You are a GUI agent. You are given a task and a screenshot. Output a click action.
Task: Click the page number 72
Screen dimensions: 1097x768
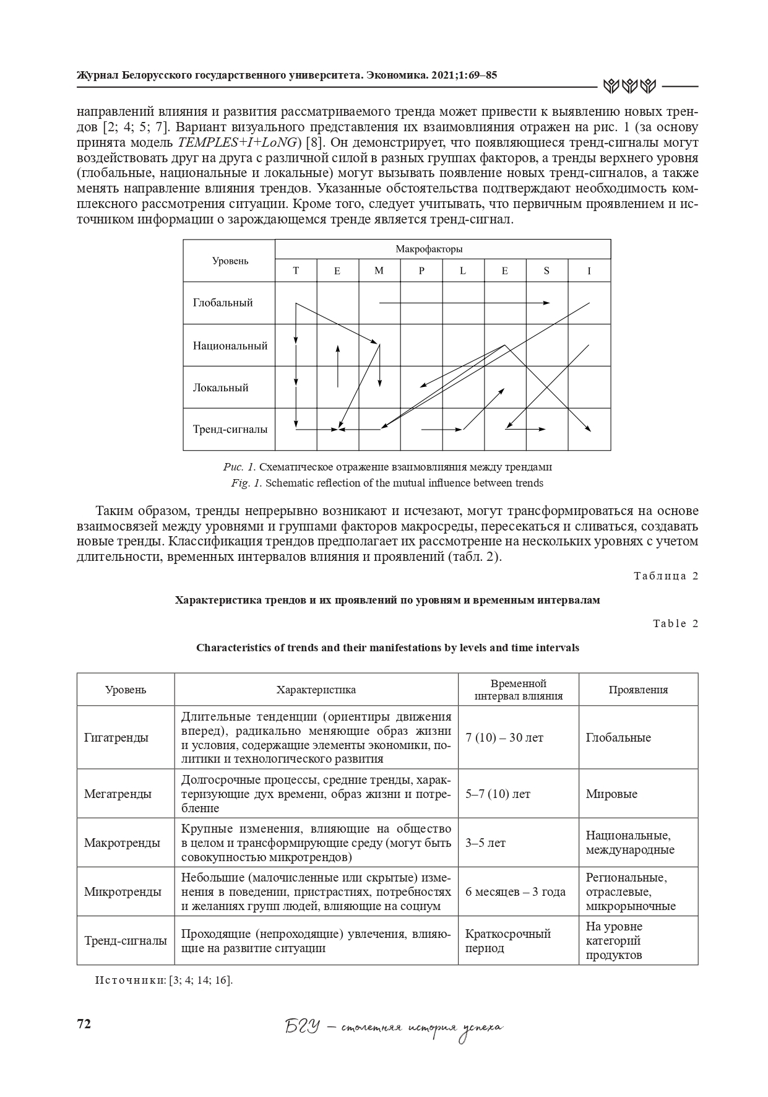pos(84,1024)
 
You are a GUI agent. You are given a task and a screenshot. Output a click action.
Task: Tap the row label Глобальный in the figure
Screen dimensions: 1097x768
pos(223,303)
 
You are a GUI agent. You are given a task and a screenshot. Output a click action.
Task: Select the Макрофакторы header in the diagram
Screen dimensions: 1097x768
pos(429,249)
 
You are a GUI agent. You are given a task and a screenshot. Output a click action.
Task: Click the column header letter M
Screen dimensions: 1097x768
pos(379,271)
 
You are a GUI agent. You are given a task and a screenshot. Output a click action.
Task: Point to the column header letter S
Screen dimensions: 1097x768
pos(546,271)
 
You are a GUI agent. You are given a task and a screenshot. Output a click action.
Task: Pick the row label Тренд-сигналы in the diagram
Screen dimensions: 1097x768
pos(230,429)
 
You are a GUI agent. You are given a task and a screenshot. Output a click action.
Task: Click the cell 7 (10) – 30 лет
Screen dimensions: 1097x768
pos(504,737)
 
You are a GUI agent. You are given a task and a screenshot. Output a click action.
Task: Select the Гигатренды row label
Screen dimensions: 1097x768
pos(116,737)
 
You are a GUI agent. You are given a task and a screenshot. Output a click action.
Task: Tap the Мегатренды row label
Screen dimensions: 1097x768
pos(118,794)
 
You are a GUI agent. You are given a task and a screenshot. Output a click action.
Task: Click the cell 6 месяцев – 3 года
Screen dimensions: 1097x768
pos(516,891)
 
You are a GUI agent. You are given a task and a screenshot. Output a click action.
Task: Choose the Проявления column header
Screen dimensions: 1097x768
pos(638,690)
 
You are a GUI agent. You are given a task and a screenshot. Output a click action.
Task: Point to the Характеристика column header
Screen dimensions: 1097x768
pos(316,690)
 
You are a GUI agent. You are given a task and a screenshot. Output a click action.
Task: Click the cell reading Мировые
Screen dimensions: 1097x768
pos(611,794)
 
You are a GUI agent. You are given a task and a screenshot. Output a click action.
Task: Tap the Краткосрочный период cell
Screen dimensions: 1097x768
pos(507,940)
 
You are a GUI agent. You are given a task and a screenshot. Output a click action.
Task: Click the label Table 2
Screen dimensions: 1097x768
pos(675,623)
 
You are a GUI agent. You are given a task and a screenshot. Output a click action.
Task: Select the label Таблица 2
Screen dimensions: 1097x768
pos(666,576)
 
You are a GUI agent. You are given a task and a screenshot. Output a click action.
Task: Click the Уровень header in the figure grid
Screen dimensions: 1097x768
pos(230,261)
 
